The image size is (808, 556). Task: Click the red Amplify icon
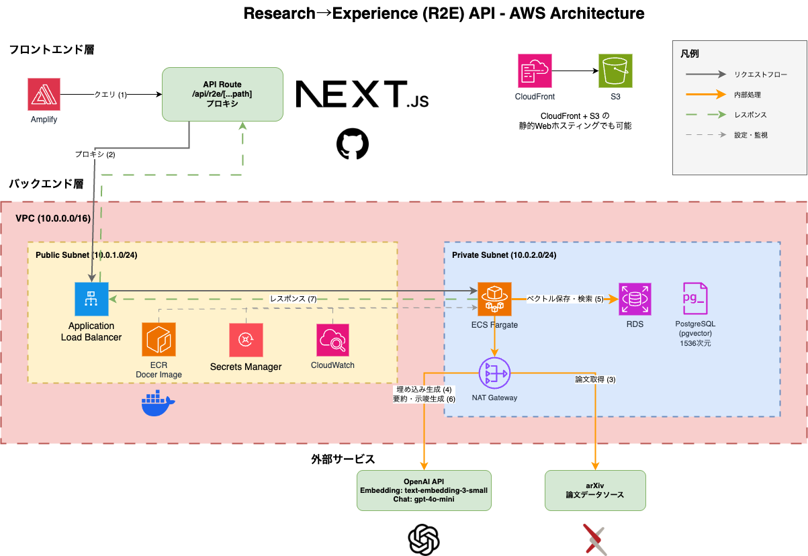(44, 94)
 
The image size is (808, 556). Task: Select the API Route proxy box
(222, 94)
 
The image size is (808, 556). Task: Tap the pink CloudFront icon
(535, 71)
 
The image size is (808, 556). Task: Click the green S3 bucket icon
(615, 71)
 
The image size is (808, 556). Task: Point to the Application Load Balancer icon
(91, 299)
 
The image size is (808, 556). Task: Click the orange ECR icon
(159, 339)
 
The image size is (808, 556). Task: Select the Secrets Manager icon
(246, 340)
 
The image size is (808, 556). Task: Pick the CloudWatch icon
(332, 340)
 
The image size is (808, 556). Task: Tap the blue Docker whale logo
(158, 404)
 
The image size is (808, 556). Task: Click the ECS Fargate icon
(494, 299)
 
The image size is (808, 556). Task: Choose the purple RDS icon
(635, 299)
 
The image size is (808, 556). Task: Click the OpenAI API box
(424, 490)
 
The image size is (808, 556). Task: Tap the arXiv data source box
(594, 490)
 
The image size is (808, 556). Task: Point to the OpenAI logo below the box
(424, 539)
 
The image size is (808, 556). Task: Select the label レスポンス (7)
(293, 298)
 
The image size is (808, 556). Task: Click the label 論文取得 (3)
(595, 379)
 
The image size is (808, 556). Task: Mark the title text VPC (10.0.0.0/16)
(52, 220)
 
